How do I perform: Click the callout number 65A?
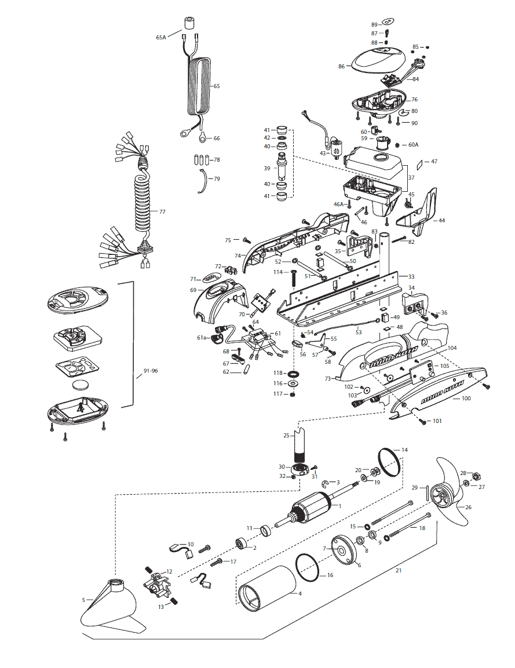point(160,38)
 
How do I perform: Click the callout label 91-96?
point(151,371)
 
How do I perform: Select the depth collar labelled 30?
point(301,470)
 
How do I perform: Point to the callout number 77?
point(162,211)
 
